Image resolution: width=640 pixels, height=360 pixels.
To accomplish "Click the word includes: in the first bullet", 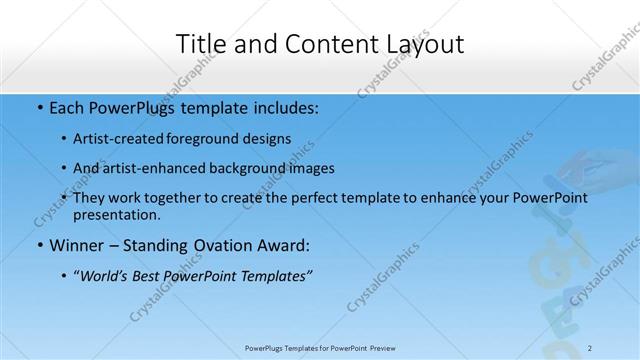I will tap(283, 107).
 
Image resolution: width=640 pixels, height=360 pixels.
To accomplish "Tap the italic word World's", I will tap(107, 275).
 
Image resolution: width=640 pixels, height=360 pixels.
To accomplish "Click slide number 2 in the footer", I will tap(591, 348).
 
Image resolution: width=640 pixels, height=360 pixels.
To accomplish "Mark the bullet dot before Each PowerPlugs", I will tap(39, 107).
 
